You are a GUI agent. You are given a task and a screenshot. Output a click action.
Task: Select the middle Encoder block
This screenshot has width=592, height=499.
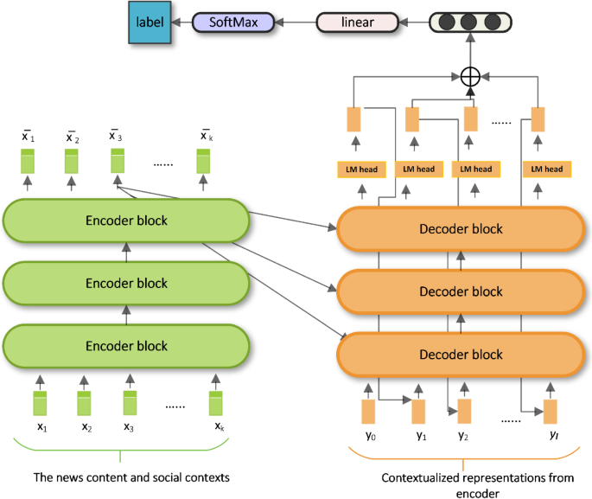(126, 284)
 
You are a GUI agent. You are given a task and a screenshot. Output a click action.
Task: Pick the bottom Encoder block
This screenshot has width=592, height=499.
(126, 346)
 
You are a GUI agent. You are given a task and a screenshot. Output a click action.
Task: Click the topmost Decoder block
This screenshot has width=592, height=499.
(460, 229)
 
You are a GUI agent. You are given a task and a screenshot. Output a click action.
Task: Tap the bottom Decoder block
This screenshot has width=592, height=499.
(460, 355)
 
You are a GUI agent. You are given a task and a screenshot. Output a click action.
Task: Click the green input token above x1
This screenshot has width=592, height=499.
(40, 404)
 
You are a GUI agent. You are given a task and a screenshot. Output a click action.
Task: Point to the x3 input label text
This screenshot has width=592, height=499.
(128, 427)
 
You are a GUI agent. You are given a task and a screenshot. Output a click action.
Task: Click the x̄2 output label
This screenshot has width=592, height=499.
(72, 137)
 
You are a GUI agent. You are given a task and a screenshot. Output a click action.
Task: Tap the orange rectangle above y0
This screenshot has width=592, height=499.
(368, 410)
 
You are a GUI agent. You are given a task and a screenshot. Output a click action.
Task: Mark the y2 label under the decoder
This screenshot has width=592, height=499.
(463, 435)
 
